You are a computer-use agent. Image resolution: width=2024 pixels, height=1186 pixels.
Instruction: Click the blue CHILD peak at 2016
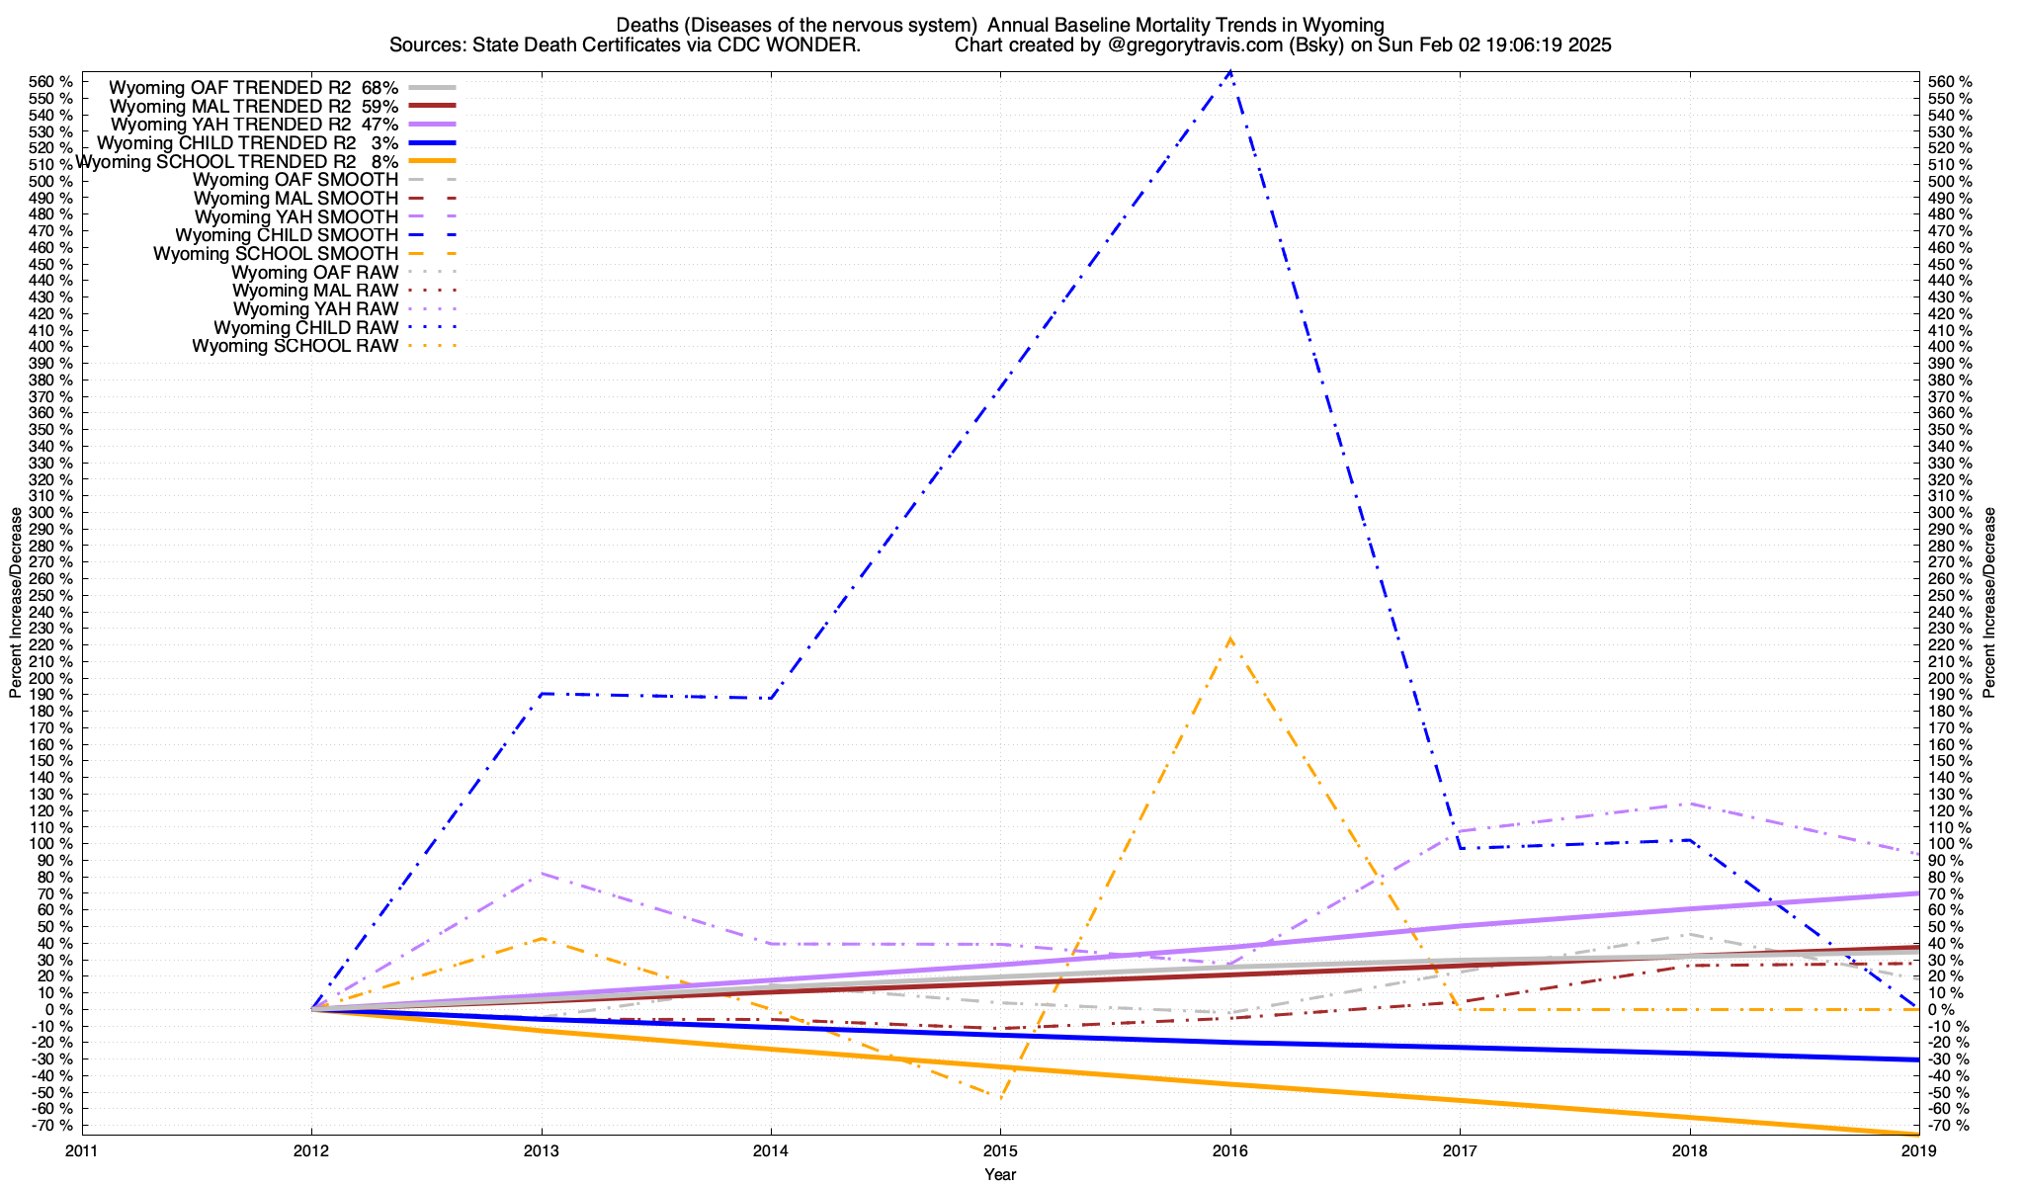pyautogui.click(x=1229, y=71)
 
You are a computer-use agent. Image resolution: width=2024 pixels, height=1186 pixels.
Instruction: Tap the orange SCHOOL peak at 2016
pyautogui.click(x=1229, y=638)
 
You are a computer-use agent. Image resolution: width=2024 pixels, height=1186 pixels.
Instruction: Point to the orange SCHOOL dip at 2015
pyautogui.click(x=1000, y=1097)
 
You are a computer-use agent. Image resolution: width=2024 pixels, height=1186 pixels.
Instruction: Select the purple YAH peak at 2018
pyautogui.click(x=1689, y=804)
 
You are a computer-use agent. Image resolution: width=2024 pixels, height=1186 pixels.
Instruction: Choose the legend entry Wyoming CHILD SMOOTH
pyautogui.click(x=287, y=235)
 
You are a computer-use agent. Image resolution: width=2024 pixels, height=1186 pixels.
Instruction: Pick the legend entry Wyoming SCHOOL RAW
pyautogui.click(x=295, y=346)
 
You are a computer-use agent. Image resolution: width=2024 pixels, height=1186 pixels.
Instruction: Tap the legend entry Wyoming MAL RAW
pyautogui.click(x=315, y=291)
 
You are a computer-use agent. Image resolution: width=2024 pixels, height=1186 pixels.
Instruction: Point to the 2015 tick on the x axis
pyautogui.click(x=1000, y=1150)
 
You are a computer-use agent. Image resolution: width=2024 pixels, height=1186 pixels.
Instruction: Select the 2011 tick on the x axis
pyautogui.click(x=82, y=1150)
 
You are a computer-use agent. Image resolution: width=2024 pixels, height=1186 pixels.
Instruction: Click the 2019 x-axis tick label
pyautogui.click(x=1918, y=1150)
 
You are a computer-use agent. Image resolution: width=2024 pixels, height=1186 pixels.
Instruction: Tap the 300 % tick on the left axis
pyautogui.click(x=51, y=512)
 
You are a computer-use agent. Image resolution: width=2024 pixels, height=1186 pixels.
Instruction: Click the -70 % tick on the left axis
pyautogui.click(x=51, y=1125)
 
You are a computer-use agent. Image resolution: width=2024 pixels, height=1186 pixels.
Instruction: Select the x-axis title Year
pyautogui.click(x=1000, y=1174)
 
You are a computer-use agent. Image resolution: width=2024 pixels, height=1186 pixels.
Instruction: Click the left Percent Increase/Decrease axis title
pyautogui.click(x=15, y=603)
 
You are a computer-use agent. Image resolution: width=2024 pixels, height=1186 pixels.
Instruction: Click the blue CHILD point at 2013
pyautogui.click(x=542, y=694)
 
